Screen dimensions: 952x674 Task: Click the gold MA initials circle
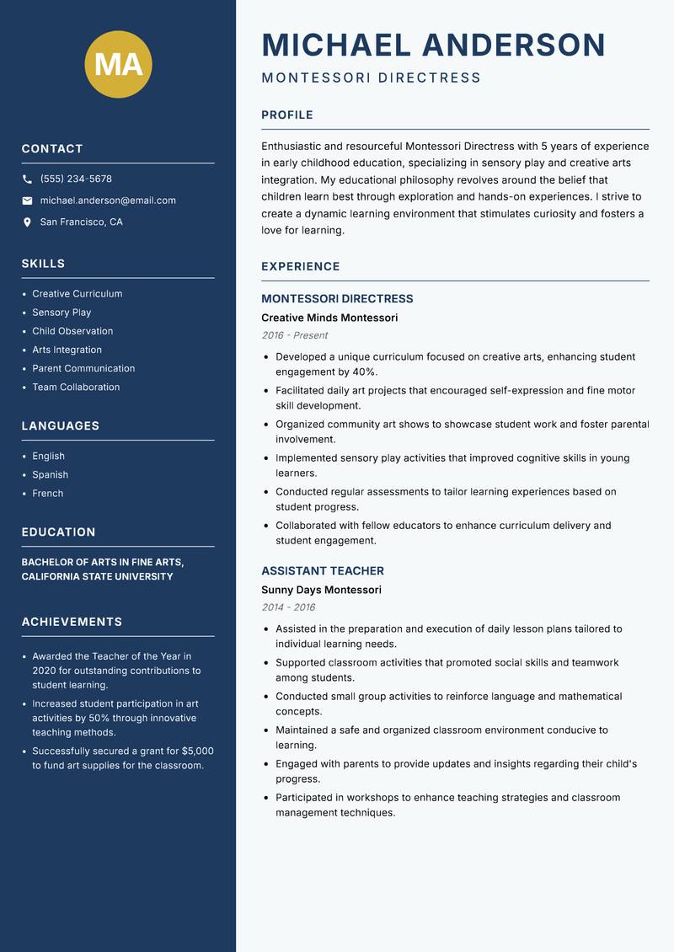tap(118, 64)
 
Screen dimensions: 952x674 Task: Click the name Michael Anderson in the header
tap(433, 45)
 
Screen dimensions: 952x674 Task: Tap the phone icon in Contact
tap(28, 179)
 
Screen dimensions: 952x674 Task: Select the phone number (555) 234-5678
tap(76, 179)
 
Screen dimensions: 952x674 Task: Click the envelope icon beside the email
tap(28, 201)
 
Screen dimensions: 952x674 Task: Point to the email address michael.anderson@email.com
tap(108, 201)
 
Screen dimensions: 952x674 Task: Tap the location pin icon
tap(28, 222)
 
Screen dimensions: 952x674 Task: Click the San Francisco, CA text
tap(81, 222)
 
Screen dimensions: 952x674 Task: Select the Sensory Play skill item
tap(62, 313)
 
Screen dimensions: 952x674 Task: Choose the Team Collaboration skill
tap(76, 388)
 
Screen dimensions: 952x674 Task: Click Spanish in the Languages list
tap(50, 475)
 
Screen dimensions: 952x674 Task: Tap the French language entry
tap(47, 494)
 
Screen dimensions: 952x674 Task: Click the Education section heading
tap(58, 532)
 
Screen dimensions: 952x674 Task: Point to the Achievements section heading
tap(72, 622)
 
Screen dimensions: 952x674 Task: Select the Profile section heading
tap(286, 115)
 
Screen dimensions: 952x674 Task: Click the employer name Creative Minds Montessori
tap(329, 318)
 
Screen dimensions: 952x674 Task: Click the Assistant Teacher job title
tap(322, 571)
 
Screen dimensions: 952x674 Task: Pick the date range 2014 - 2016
tap(288, 607)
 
